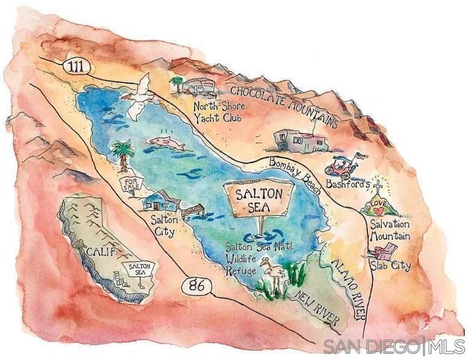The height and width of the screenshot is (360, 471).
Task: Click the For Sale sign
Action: point(130,184)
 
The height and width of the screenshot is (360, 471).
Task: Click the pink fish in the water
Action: point(166,143)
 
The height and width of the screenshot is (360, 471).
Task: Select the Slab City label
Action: point(390,266)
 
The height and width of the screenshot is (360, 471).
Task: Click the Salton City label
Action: point(162,225)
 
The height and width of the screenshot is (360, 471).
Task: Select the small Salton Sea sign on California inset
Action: point(139,270)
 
